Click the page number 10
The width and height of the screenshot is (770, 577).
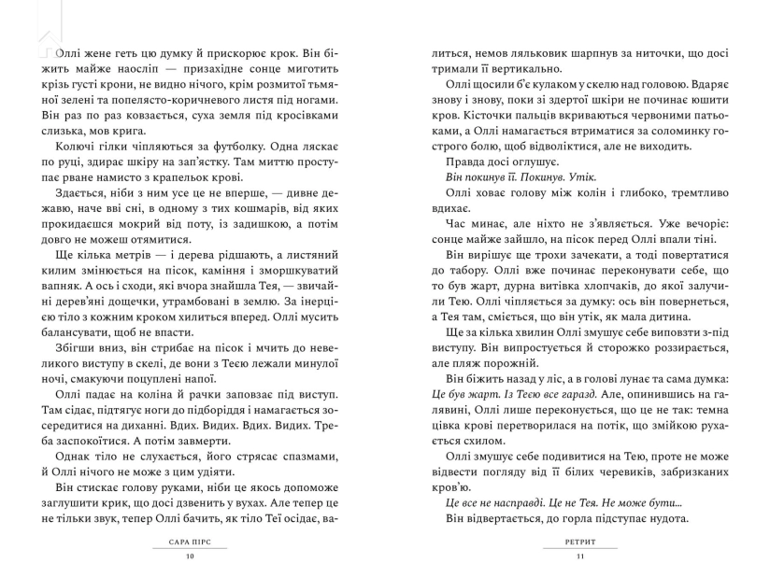[x=192, y=558]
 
